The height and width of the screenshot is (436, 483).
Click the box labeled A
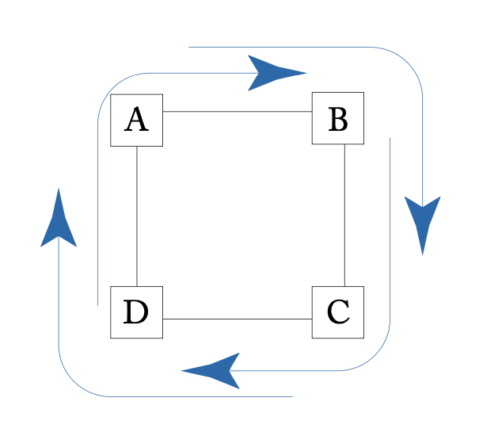coord(136,120)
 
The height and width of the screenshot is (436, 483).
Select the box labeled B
coord(338,118)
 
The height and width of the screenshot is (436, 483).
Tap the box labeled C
coord(338,312)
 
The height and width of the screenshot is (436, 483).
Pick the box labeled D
coord(136,312)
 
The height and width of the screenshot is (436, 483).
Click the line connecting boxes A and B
coord(238,111)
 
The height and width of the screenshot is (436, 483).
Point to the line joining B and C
coord(344,214)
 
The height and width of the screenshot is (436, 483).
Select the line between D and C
coord(238,319)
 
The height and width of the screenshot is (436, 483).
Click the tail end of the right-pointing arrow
coord(97,304)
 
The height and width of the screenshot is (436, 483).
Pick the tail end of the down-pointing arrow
coord(189,47)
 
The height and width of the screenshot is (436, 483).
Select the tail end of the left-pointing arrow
coord(390,138)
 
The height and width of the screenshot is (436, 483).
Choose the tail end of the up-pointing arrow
coord(292,396)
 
